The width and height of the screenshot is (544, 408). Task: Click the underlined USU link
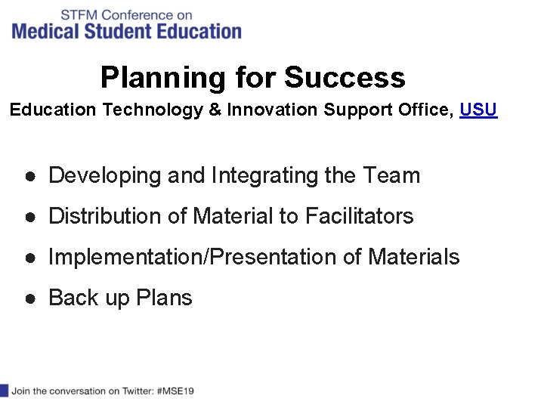coord(478,110)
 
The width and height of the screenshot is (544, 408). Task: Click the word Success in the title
coord(345,78)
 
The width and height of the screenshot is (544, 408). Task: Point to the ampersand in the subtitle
coord(215,110)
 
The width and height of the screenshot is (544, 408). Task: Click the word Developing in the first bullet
coord(105,176)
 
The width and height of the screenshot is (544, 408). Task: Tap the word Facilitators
coord(359,217)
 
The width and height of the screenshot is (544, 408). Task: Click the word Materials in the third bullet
coord(413,258)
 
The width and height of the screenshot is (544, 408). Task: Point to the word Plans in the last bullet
coord(164,298)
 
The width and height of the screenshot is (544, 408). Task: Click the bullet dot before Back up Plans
coord(28,298)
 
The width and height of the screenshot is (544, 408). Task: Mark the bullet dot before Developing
coord(28,176)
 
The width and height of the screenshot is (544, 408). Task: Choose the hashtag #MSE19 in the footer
coord(176,391)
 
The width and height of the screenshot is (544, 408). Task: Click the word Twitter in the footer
coord(135,391)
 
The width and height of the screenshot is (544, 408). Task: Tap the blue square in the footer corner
coord(4,391)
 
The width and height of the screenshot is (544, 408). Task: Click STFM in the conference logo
coord(79,14)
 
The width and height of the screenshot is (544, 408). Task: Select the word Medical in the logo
coord(43,31)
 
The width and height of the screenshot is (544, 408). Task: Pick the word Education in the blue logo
coord(202,31)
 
